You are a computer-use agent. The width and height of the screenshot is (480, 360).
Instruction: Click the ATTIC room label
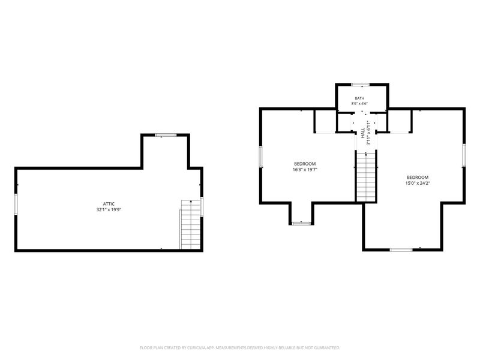pyautogui.click(x=109, y=204)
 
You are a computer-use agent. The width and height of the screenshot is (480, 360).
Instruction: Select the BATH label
pyautogui.click(x=359, y=98)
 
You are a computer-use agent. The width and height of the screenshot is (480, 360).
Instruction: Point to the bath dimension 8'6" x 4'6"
pyautogui.click(x=359, y=103)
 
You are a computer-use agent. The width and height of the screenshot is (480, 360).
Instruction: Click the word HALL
pyautogui.click(x=363, y=133)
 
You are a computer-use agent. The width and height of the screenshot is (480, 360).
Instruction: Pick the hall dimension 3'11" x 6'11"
pyautogui.click(x=368, y=133)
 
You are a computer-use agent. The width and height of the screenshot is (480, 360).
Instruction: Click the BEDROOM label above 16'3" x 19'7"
pyautogui.click(x=305, y=164)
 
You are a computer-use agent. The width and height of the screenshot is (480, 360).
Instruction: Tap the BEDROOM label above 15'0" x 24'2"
pyautogui.click(x=418, y=177)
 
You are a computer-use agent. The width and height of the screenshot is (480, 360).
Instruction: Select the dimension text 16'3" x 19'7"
pyautogui.click(x=305, y=169)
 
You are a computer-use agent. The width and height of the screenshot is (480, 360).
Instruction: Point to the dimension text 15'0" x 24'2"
pyautogui.click(x=418, y=183)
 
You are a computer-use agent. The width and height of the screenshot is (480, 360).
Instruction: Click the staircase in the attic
pyautogui.click(x=191, y=224)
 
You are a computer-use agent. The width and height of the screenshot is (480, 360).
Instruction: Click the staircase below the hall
pyautogui.click(x=366, y=176)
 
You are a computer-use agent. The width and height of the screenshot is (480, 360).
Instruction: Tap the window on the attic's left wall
pyautogui.click(x=16, y=204)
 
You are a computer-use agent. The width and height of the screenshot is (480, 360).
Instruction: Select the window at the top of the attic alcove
pyautogui.click(x=166, y=135)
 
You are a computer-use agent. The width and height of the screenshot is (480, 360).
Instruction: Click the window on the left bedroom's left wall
pyautogui.click(x=260, y=157)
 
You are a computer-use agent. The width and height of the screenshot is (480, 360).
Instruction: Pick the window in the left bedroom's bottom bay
pyautogui.click(x=302, y=223)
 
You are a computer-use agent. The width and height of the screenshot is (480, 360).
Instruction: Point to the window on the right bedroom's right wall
pyautogui.click(x=464, y=155)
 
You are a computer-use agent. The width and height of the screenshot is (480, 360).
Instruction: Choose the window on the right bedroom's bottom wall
pyautogui.click(x=401, y=250)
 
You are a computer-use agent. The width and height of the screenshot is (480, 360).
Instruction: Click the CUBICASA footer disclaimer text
pyautogui.click(x=239, y=348)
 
